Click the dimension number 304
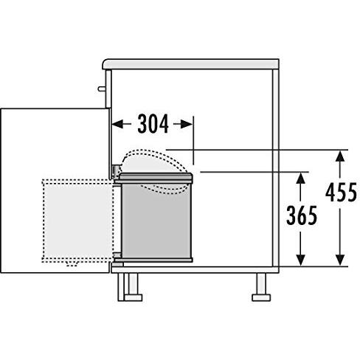pos(153,125)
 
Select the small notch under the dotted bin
pos(72,263)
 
